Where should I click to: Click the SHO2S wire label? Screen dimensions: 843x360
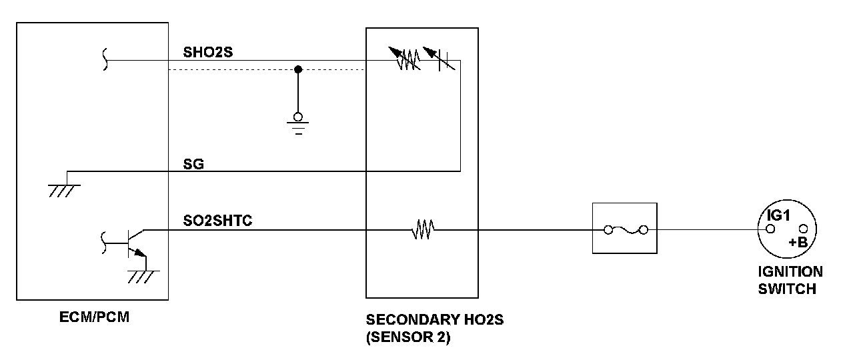click(207, 52)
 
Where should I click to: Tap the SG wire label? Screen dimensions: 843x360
click(193, 164)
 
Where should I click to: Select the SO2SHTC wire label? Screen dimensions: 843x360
click(217, 221)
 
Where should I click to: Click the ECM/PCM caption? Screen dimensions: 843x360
click(94, 317)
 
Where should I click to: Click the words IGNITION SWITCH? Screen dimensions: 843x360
click(790, 280)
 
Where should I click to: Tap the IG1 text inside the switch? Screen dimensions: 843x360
click(779, 215)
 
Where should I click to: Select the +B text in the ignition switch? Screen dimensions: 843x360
click(798, 243)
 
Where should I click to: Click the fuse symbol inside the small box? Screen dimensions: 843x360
click(626, 230)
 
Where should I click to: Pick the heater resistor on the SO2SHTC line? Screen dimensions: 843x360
click(423, 229)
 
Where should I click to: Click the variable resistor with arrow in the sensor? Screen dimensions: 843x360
click(405, 58)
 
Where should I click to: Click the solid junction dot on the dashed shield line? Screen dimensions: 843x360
click(298, 69)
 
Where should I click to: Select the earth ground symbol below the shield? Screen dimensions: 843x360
click(297, 124)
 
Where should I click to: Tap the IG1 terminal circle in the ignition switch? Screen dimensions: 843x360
click(770, 229)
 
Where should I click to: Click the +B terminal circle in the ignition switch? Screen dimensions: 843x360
click(803, 229)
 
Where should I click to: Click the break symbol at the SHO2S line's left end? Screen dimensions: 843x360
click(105, 59)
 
